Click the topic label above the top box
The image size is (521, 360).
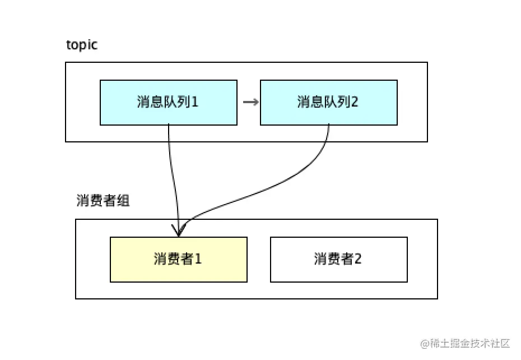coord(81,45)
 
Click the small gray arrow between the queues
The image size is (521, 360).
coord(250,102)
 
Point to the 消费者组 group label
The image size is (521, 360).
coord(103,201)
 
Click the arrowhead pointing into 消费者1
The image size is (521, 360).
coord(180,232)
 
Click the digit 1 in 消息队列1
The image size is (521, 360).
coord(195,102)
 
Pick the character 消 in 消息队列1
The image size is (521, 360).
coord(143,102)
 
